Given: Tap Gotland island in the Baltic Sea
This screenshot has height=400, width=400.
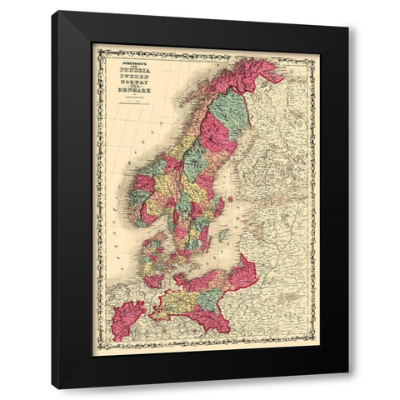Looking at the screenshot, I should tap(222, 235).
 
